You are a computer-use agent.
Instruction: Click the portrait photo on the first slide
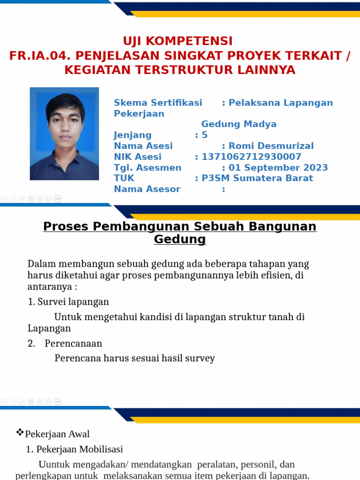[x=64, y=134]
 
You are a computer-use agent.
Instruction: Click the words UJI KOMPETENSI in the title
[x=178, y=41]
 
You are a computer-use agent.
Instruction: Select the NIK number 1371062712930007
[x=251, y=157]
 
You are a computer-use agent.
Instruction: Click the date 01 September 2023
[x=278, y=167]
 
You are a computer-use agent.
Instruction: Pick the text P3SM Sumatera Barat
[x=257, y=178]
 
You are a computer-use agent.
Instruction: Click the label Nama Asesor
[x=147, y=189]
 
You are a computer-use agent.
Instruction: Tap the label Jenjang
[x=133, y=135]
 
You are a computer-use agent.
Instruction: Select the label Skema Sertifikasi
[x=158, y=103]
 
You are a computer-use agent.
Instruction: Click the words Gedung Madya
[x=239, y=124]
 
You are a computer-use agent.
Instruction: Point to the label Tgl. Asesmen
[x=147, y=167]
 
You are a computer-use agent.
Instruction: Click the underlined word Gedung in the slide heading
[x=180, y=240]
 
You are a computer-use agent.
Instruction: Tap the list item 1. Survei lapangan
[x=68, y=302]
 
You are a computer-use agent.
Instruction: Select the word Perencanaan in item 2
[x=74, y=343]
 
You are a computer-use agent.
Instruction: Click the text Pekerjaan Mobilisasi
[x=80, y=449]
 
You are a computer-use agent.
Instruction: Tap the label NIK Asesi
[x=137, y=157]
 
